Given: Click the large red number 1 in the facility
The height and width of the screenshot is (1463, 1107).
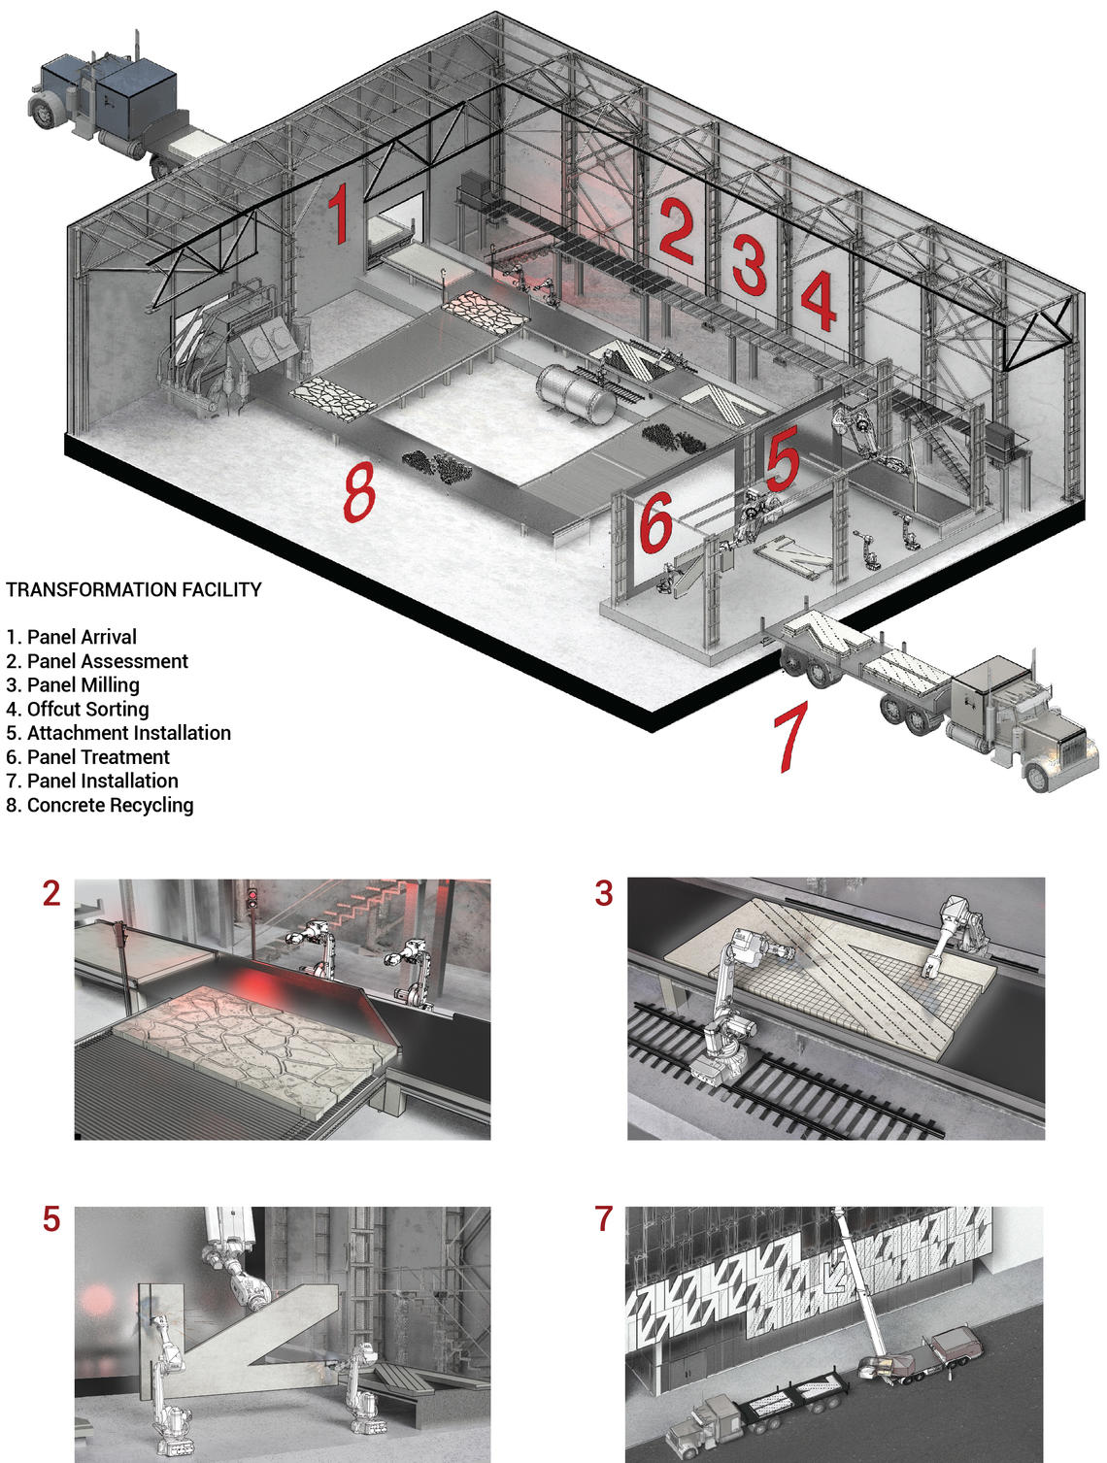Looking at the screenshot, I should [x=337, y=215].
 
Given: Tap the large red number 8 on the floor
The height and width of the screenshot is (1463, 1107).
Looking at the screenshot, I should [x=358, y=490].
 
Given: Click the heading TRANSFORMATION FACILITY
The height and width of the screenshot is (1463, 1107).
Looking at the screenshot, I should [x=134, y=589].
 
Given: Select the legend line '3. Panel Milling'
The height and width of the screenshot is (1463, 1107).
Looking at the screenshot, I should [x=73, y=684].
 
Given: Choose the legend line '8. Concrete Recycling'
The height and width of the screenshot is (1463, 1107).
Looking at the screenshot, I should [x=100, y=805].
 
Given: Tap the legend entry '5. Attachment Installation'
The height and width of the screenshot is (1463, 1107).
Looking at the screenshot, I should [x=118, y=733].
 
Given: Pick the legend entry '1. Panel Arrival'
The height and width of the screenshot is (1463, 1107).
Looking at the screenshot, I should [x=72, y=637].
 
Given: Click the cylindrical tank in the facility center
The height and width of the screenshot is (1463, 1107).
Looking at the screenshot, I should [x=577, y=392].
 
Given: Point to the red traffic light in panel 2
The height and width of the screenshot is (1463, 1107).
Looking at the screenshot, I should [x=252, y=894].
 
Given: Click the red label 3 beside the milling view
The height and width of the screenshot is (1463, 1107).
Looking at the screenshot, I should [x=604, y=893].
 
